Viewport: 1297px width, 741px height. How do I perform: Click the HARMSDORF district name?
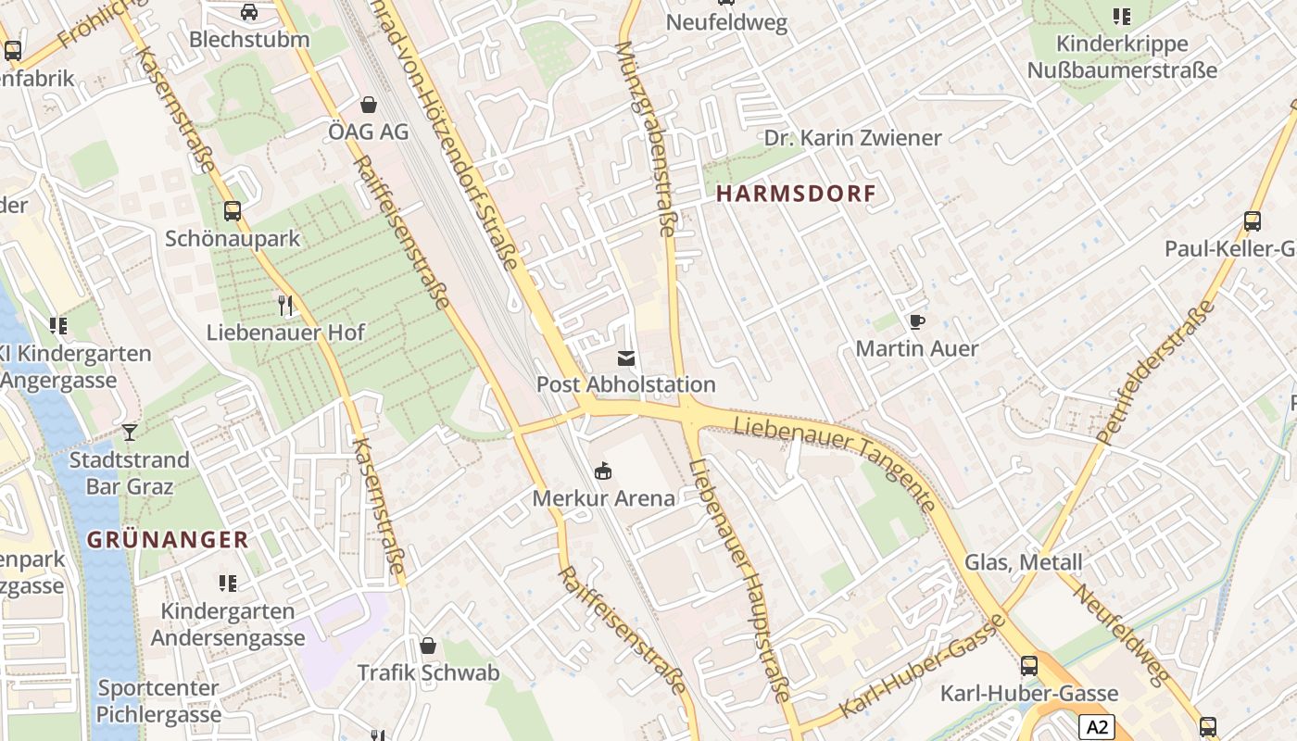[x=796, y=194]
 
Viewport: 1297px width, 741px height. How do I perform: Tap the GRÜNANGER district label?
[x=168, y=539]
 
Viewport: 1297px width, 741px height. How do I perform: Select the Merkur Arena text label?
[x=603, y=498]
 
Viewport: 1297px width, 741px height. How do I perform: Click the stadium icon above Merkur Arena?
[x=603, y=472]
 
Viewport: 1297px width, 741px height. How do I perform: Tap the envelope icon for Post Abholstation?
[x=626, y=358]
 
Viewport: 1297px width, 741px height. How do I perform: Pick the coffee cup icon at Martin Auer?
[x=916, y=322]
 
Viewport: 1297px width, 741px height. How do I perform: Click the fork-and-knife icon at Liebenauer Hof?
[x=285, y=305]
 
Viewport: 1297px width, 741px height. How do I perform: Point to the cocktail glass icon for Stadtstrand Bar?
[x=129, y=433]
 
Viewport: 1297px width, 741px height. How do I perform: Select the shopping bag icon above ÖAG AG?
[x=369, y=105]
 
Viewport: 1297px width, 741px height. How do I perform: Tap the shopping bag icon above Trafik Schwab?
[x=428, y=646]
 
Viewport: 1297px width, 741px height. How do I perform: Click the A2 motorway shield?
[x=1097, y=727]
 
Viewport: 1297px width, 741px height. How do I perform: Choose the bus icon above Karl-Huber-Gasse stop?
[x=1029, y=666]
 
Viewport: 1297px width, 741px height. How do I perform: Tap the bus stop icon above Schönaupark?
[x=233, y=211]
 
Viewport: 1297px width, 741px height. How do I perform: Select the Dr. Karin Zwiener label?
[x=852, y=138]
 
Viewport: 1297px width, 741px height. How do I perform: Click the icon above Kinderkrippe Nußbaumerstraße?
[x=1122, y=17]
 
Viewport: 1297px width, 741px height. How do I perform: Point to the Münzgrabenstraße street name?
[x=646, y=138]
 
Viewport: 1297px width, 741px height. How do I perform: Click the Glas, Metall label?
[x=1023, y=562]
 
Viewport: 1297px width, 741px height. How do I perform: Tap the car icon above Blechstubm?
[x=248, y=12]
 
